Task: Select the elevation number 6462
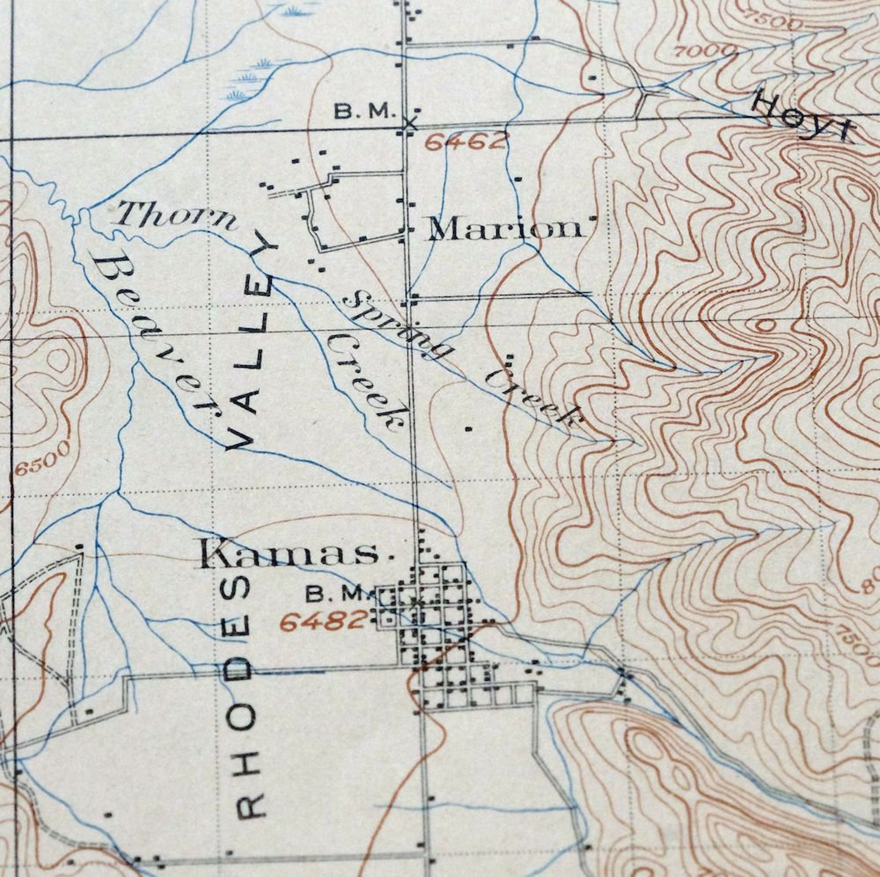tap(466, 142)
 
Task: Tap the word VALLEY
tap(253, 346)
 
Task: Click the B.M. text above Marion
tap(364, 111)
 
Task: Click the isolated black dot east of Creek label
tap(469, 428)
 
